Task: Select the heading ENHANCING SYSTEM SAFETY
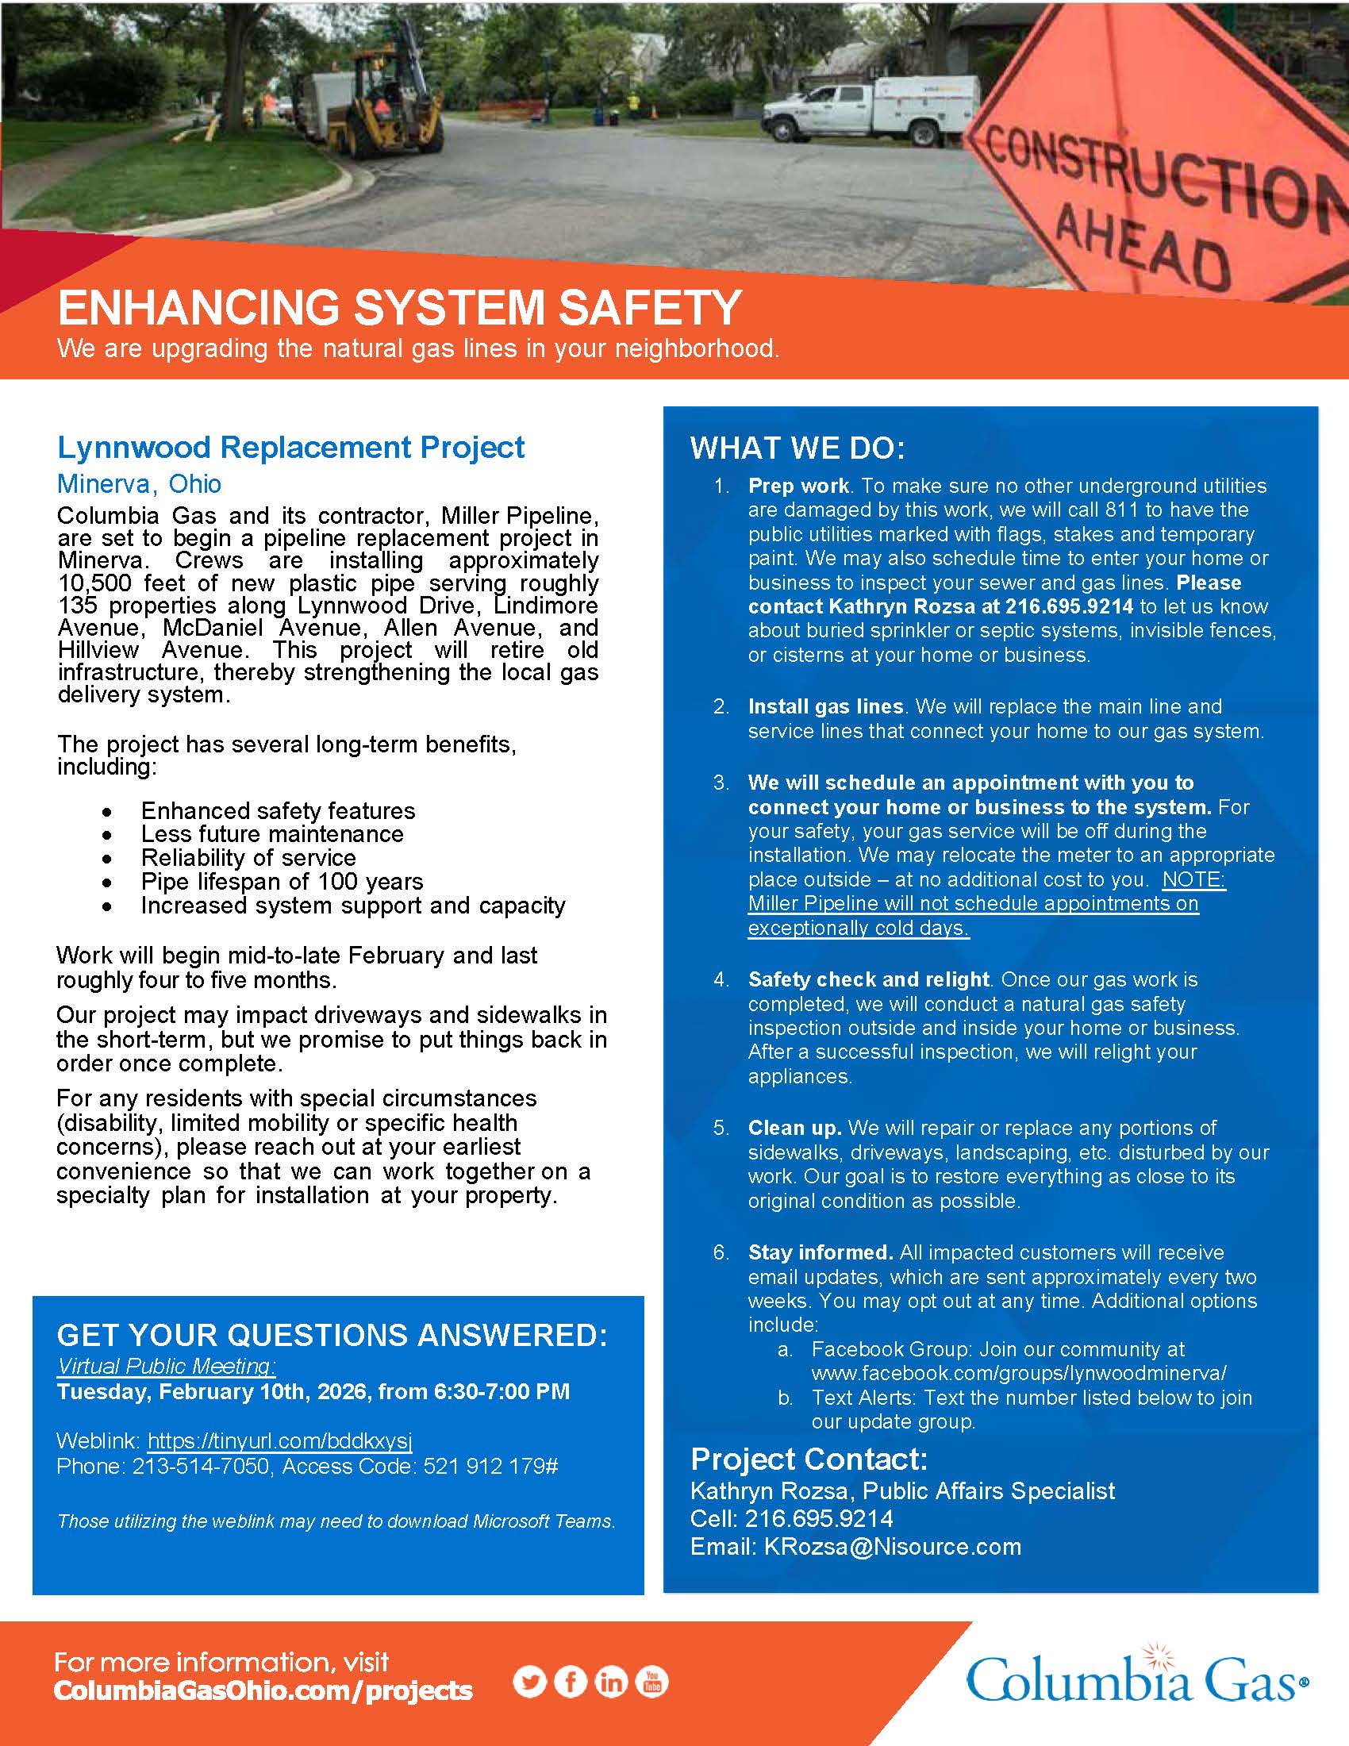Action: click(x=400, y=309)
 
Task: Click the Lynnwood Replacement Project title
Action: click(x=291, y=448)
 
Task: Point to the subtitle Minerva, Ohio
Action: click(x=139, y=483)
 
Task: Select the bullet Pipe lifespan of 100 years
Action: click(x=282, y=881)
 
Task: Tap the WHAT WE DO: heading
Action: click(x=797, y=448)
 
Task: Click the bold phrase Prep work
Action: click(x=797, y=486)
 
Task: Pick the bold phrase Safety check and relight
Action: click(x=869, y=979)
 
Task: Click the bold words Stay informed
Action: click(x=820, y=1252)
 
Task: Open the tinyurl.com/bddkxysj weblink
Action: click(x=279, y=1440)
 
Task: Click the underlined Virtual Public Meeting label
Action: click(x=166, y=1367)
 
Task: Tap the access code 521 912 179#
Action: click(x=490, y=1466)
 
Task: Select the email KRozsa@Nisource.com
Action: click(x=892, y=1546)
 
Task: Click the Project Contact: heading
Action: click(x=809, y=1459)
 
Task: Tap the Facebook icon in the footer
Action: click(x=570, y=1682)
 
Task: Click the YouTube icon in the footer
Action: click(x=651, y=1682)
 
